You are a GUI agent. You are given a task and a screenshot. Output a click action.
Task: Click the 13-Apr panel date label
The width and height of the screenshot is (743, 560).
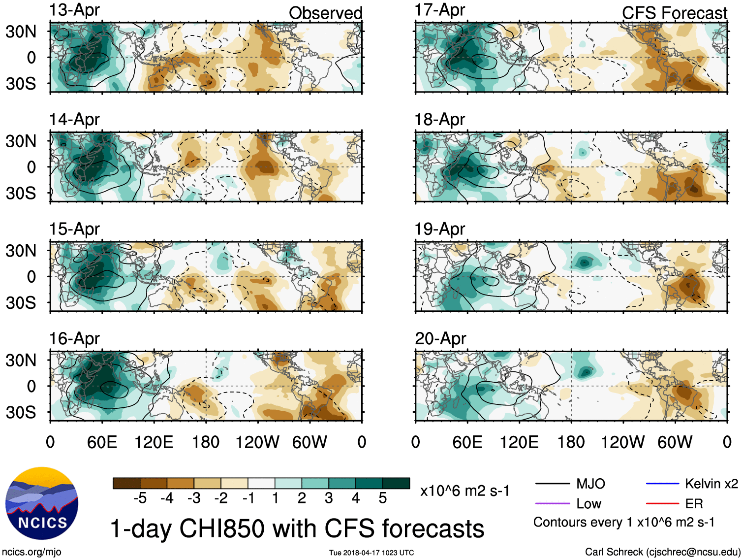[x=74, y=10]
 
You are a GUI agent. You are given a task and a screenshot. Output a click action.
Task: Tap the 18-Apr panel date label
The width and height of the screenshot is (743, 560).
[x=439, y=120]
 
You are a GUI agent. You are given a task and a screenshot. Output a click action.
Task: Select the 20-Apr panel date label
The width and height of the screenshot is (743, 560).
[x=440, y=339]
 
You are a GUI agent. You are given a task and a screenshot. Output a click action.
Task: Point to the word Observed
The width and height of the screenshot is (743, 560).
[x=325, y=13]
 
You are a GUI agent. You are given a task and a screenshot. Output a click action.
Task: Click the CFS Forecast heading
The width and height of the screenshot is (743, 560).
[x=674, y=13]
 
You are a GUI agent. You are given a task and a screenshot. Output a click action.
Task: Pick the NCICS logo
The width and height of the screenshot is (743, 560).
[x=42, y=503]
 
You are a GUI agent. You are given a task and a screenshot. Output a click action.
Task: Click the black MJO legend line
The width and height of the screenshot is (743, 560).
[x=553, y=484]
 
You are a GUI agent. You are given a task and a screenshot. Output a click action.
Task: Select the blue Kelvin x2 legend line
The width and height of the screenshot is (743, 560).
[x=662, y=484]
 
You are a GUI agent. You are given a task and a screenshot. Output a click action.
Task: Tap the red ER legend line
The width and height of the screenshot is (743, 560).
[x=662, y=503]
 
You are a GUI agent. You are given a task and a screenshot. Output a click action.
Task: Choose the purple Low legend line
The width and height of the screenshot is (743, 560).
[x=553, y=503]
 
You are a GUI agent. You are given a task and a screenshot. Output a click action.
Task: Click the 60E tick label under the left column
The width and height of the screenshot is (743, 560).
[x=102, y=442]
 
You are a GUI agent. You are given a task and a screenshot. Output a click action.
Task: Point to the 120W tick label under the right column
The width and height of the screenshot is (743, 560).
[x=622, y=442]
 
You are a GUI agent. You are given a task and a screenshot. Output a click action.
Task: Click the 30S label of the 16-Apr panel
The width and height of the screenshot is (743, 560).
[x=21, y=412]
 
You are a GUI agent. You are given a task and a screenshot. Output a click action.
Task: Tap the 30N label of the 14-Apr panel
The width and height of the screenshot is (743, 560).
[x=21, y=141]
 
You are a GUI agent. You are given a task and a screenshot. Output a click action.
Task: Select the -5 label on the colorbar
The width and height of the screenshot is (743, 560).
[x=140, y=498]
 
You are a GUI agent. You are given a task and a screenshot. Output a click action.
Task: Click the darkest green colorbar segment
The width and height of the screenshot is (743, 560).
[x=396, y=483]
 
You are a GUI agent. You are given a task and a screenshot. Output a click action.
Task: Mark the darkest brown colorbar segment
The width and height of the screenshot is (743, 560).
[x=126, y=483]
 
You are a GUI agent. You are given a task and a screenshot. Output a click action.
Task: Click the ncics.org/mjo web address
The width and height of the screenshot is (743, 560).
[x=31, y=552]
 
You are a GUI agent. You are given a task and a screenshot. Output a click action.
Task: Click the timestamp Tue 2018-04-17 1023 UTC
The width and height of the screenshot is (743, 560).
[x=371, y=553]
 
